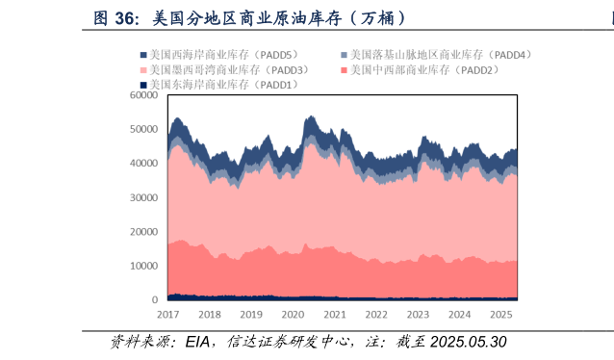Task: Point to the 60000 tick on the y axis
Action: (144, 95)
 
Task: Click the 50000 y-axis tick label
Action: (144, 129)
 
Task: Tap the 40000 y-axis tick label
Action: (144, 164)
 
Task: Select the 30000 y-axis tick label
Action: (144, 197)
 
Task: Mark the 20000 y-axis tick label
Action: (144, 232)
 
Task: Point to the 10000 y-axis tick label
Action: (144, 266)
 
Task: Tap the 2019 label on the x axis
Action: (251, 315)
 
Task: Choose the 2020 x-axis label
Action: (293, 315)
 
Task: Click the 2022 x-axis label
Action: (376, 315)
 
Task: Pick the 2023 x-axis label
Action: (418, 315)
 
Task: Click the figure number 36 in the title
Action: (131, 17)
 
